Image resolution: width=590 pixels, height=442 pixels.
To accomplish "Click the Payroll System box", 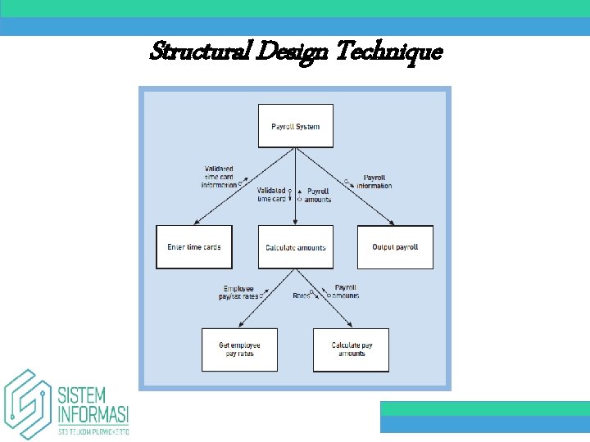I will (296, 126).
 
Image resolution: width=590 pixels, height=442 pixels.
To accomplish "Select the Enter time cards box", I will (194, 246).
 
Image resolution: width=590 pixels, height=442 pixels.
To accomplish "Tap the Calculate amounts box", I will (296, 247).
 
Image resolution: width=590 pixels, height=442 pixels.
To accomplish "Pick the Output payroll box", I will (395, 246).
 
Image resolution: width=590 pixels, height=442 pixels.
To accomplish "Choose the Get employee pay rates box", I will (239, 350).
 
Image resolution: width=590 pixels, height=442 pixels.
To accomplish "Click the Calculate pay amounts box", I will (351, 350).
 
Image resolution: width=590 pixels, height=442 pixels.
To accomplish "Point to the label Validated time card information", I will (219, 177).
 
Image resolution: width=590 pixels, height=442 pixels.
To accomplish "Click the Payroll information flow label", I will (374, 181).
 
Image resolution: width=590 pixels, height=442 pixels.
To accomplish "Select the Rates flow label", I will (301, 295).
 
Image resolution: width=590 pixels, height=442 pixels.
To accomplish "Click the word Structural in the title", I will (199, 53).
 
